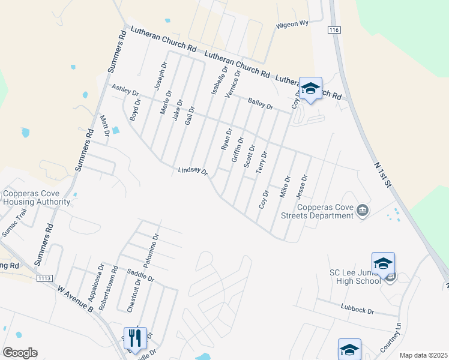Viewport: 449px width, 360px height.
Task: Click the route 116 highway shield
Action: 334,29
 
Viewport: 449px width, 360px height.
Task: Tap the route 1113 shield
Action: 44,279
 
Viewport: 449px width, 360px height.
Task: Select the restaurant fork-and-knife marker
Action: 134,338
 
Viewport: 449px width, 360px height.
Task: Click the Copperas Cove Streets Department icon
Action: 363,210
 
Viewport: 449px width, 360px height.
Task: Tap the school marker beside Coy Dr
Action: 310,89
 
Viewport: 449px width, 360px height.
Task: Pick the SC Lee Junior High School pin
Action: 383,263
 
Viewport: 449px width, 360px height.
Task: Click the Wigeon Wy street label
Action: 292,25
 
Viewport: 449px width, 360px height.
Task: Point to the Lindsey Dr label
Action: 193,172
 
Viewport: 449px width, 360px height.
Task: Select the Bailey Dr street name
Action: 261,104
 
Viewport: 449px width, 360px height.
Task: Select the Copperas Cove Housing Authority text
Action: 37,197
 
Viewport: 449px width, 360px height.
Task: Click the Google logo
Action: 20,353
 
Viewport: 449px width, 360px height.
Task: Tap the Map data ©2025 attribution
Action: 423,355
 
